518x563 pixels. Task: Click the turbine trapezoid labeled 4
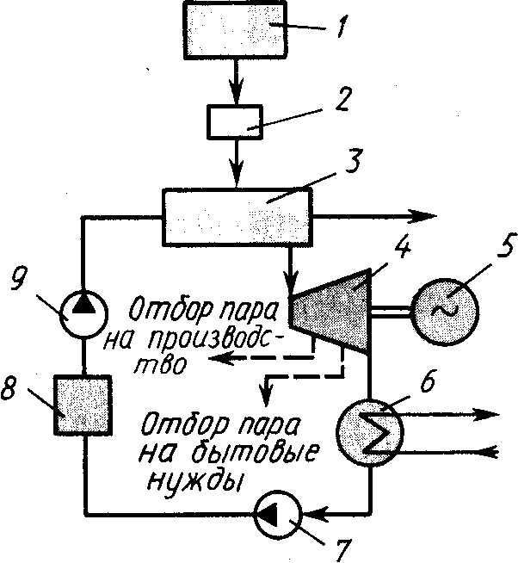click(331, 306)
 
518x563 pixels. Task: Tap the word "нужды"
click(188, 482)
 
